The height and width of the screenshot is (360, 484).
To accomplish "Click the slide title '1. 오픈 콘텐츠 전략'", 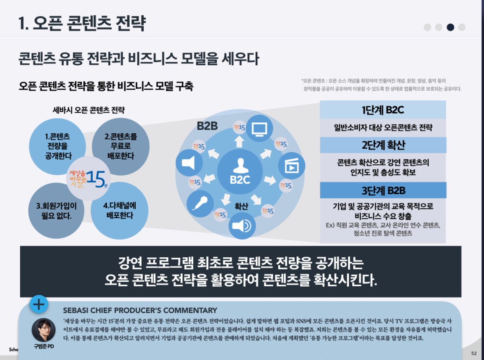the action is coord(82,23).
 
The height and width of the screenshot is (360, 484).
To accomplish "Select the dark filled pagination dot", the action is coord(450,27).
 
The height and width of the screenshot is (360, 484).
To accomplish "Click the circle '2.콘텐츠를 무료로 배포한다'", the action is coord(121,146).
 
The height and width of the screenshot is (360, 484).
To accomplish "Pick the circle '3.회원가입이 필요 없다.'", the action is coord(57,211).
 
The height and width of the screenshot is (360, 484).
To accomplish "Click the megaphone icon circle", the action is coord(189,163).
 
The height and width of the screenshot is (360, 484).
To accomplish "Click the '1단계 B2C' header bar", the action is coord(383,110).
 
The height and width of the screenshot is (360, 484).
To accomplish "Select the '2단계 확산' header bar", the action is coord(383,145).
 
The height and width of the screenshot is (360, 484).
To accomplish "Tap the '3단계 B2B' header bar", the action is coord(383,190).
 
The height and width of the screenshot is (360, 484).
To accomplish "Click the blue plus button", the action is coord(39,304).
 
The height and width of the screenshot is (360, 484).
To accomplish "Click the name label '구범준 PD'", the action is coord(43,347).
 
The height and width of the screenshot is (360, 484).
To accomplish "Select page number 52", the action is coord(474,353).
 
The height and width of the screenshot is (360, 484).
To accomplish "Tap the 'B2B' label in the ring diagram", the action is coord(207,126).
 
